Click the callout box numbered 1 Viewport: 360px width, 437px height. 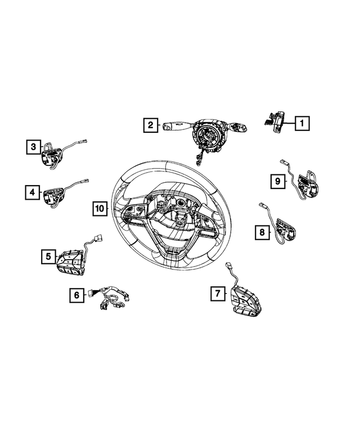[302, 122]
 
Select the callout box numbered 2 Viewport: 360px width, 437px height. [150, 125]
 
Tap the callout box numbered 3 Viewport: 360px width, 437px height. [34, 147]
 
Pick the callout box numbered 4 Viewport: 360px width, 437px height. [33, 193]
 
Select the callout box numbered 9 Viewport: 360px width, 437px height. [277, 181]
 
